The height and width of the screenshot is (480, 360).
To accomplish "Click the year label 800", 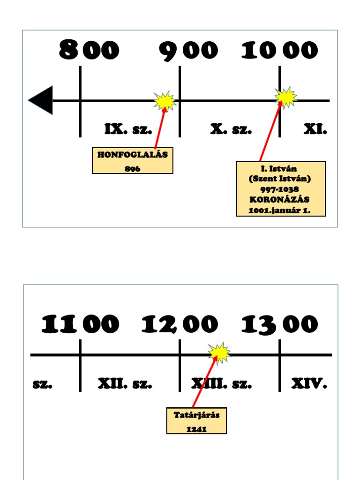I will [89, 51].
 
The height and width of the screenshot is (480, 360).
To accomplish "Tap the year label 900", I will [188, 51].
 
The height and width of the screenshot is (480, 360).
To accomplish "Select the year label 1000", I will [279, 51].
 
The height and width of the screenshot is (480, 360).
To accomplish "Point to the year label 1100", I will [80, 324].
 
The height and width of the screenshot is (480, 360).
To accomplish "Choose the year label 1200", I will [180, 324].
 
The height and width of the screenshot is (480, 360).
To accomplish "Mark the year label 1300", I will [279, 324].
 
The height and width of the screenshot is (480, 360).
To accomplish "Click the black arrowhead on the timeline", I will [41, 100].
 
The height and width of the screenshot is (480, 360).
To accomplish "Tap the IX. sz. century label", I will [128, 129].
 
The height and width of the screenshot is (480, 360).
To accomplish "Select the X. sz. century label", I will [231, 129].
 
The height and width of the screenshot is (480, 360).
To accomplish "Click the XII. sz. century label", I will [125, 384].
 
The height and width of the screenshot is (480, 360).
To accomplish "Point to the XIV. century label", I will [309, 384].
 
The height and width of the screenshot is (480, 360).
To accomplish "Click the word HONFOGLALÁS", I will [132, 155].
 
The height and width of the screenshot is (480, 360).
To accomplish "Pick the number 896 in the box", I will [133, 169].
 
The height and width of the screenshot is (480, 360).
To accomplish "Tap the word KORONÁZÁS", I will [280, 200].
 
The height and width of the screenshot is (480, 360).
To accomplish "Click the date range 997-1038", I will [280, 189].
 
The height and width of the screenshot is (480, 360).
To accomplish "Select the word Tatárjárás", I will [196, 415].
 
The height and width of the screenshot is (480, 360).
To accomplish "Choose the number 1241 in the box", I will [196, 428].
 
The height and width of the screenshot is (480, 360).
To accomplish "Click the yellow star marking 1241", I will [219, 353].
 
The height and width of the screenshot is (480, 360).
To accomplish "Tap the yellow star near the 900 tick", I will [165, 100].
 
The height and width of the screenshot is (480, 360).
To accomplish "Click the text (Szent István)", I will [280, 179].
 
